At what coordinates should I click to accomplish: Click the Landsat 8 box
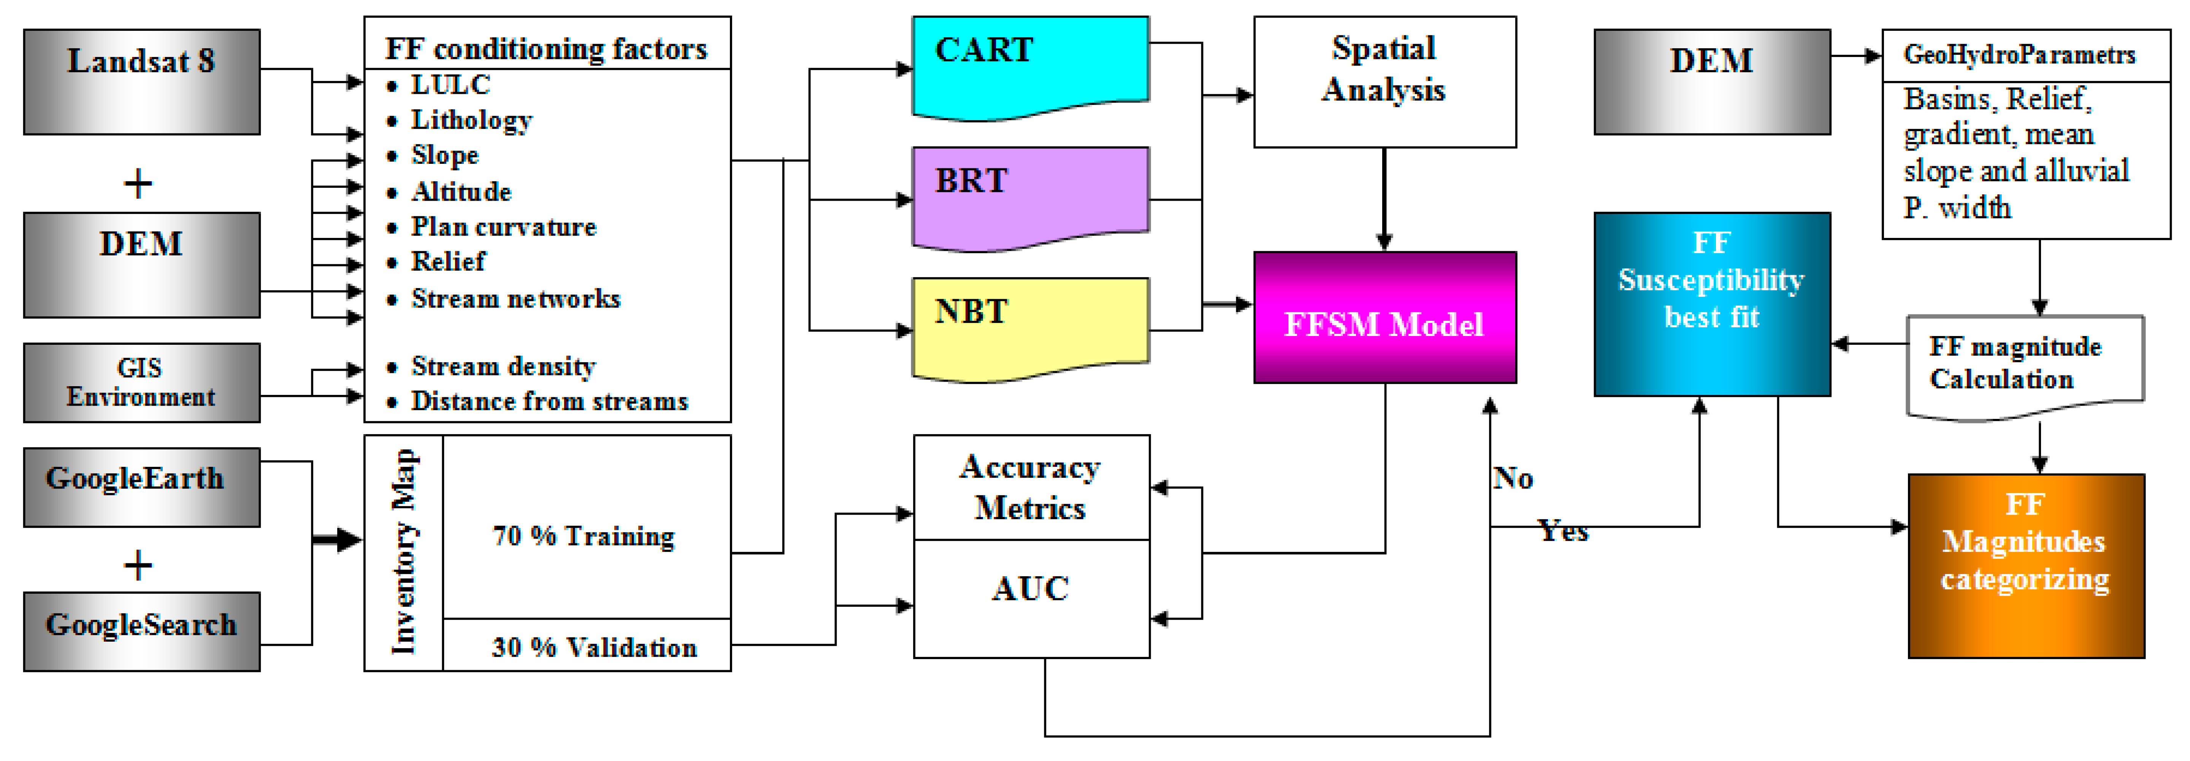(x=141, y=82)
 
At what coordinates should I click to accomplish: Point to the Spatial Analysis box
(x=1384, y=82)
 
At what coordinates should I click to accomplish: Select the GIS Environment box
(x=141, y=383)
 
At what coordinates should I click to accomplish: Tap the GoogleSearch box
(x=141, y=631)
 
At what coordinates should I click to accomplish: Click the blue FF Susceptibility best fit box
(x=1711, y=304)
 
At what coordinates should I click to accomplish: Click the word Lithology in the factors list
(x=472, y=121)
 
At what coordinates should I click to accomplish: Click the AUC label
(x=1031, y=588)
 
